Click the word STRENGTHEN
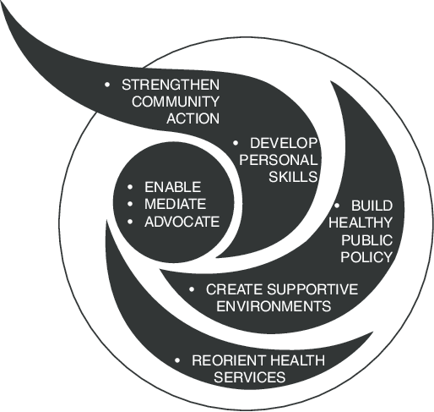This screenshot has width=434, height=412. click(x=171, y=85)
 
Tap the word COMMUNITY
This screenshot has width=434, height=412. click(x=176, y=102)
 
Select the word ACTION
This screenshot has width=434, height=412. click(x=193, y=118)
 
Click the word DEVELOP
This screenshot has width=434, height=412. click(x=284, y=143)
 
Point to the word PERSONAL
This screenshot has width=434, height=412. click(x=279, y=160)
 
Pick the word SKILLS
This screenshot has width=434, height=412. click(x=293, y=177)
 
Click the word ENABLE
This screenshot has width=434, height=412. click(x=172, y=187)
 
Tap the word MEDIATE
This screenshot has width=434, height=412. click(x=175, y=204)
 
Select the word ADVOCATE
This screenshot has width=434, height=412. click(x=182, y=222)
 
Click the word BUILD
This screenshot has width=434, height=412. click(x=372, y=206)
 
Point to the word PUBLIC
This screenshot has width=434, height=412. click(x=366, y=240)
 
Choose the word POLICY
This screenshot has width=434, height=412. click(x=366, y=257)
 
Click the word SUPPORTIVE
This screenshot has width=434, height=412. click(x=312, y=289)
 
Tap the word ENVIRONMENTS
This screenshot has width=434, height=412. click(x=274, y=306)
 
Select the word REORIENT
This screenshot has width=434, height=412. click(x=228, y=360)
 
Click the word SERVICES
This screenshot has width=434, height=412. click(x=250, y=377)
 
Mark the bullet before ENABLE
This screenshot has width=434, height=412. click(x=130, y=187)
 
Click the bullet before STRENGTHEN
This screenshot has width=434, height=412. click(x=107, y=85)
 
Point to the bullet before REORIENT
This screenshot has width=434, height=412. click(x=177, y=360)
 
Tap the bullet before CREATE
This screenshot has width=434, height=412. click(x=192, y=289)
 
